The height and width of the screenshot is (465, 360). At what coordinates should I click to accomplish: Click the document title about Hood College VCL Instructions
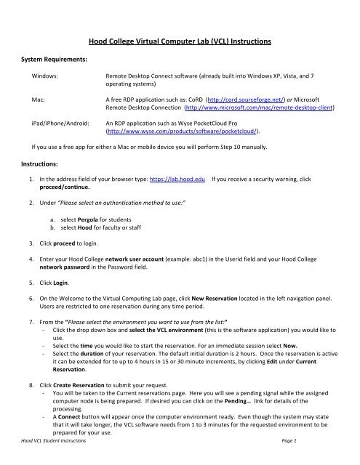tap(180, 43)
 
